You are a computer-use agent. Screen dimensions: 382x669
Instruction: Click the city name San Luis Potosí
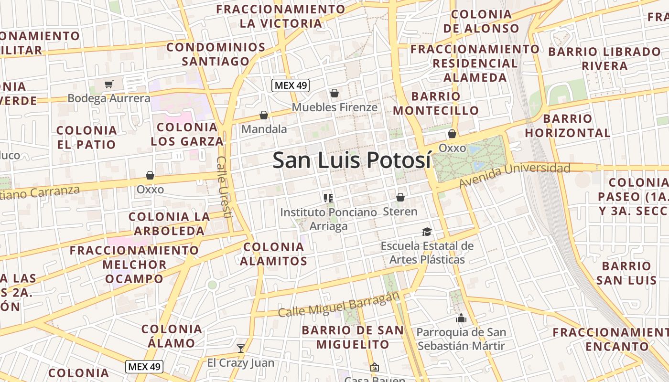pyautogui.click(x=352, y=160)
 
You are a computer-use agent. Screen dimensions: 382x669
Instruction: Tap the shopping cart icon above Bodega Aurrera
pyautogui.click(x=109, y=85)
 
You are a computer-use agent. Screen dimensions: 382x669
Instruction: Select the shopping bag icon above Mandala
pyautogui.click(x=263, y=115)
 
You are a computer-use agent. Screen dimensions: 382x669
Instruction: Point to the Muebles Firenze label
pyautogui.click(x=334, y=107)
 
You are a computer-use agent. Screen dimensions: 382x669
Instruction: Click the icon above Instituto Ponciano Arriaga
pyautogui.click(x=328, y=198)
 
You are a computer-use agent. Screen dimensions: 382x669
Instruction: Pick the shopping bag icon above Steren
pyautogui.click(x=400, y=197)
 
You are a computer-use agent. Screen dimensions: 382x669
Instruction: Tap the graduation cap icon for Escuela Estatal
pyautogui.click(x=427, y=232)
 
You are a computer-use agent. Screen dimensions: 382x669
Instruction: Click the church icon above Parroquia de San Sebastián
pyautogui.click(x=461, y=318)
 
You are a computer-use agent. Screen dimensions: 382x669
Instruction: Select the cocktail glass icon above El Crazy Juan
pyautogui.click(x=241, y=348)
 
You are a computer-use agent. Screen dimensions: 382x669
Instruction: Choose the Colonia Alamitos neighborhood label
pyautogui.click(x=273, y=254)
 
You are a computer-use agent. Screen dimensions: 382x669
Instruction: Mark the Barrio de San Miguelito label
pyautogui.click(x=353, y=337)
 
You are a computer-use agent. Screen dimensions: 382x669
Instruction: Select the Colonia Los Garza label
pyautogui.click(x=187, y=134)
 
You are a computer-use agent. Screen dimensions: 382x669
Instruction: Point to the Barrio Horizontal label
pyautogui.click(x=568, y=126)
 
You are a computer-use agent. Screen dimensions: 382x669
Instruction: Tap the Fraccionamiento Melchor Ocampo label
pyautogui.click(x=134, y=265)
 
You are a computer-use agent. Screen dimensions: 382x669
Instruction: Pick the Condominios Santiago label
pyautogui.click(x=216, y=54)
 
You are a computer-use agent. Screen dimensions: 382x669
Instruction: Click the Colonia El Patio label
pyautogui.click(x=86, y=137)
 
